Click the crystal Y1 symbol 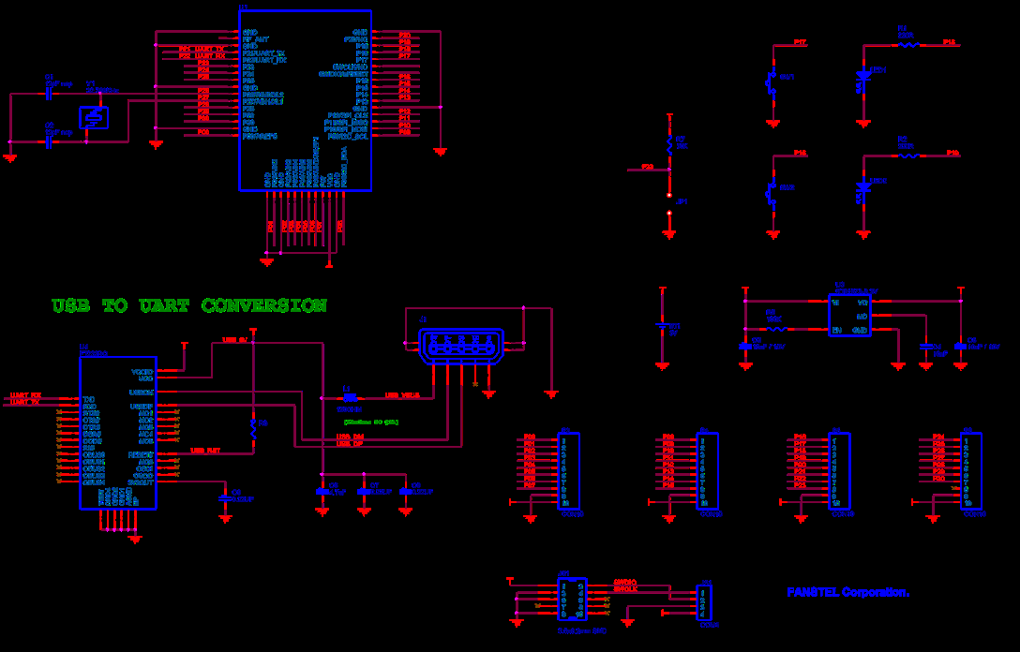point(92,118)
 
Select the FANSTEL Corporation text point(847,592)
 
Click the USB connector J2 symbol point(459,347)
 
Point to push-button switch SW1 point(772,83)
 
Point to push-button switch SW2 point(772,193)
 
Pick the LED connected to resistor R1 point(863,79)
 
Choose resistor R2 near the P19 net point(907,156)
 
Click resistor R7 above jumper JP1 point(669,142)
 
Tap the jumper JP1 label point(682,200)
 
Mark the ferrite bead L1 point(349,397)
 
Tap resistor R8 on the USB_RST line point(253,429)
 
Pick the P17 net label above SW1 point(800,42)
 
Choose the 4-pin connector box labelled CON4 point(706,603)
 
